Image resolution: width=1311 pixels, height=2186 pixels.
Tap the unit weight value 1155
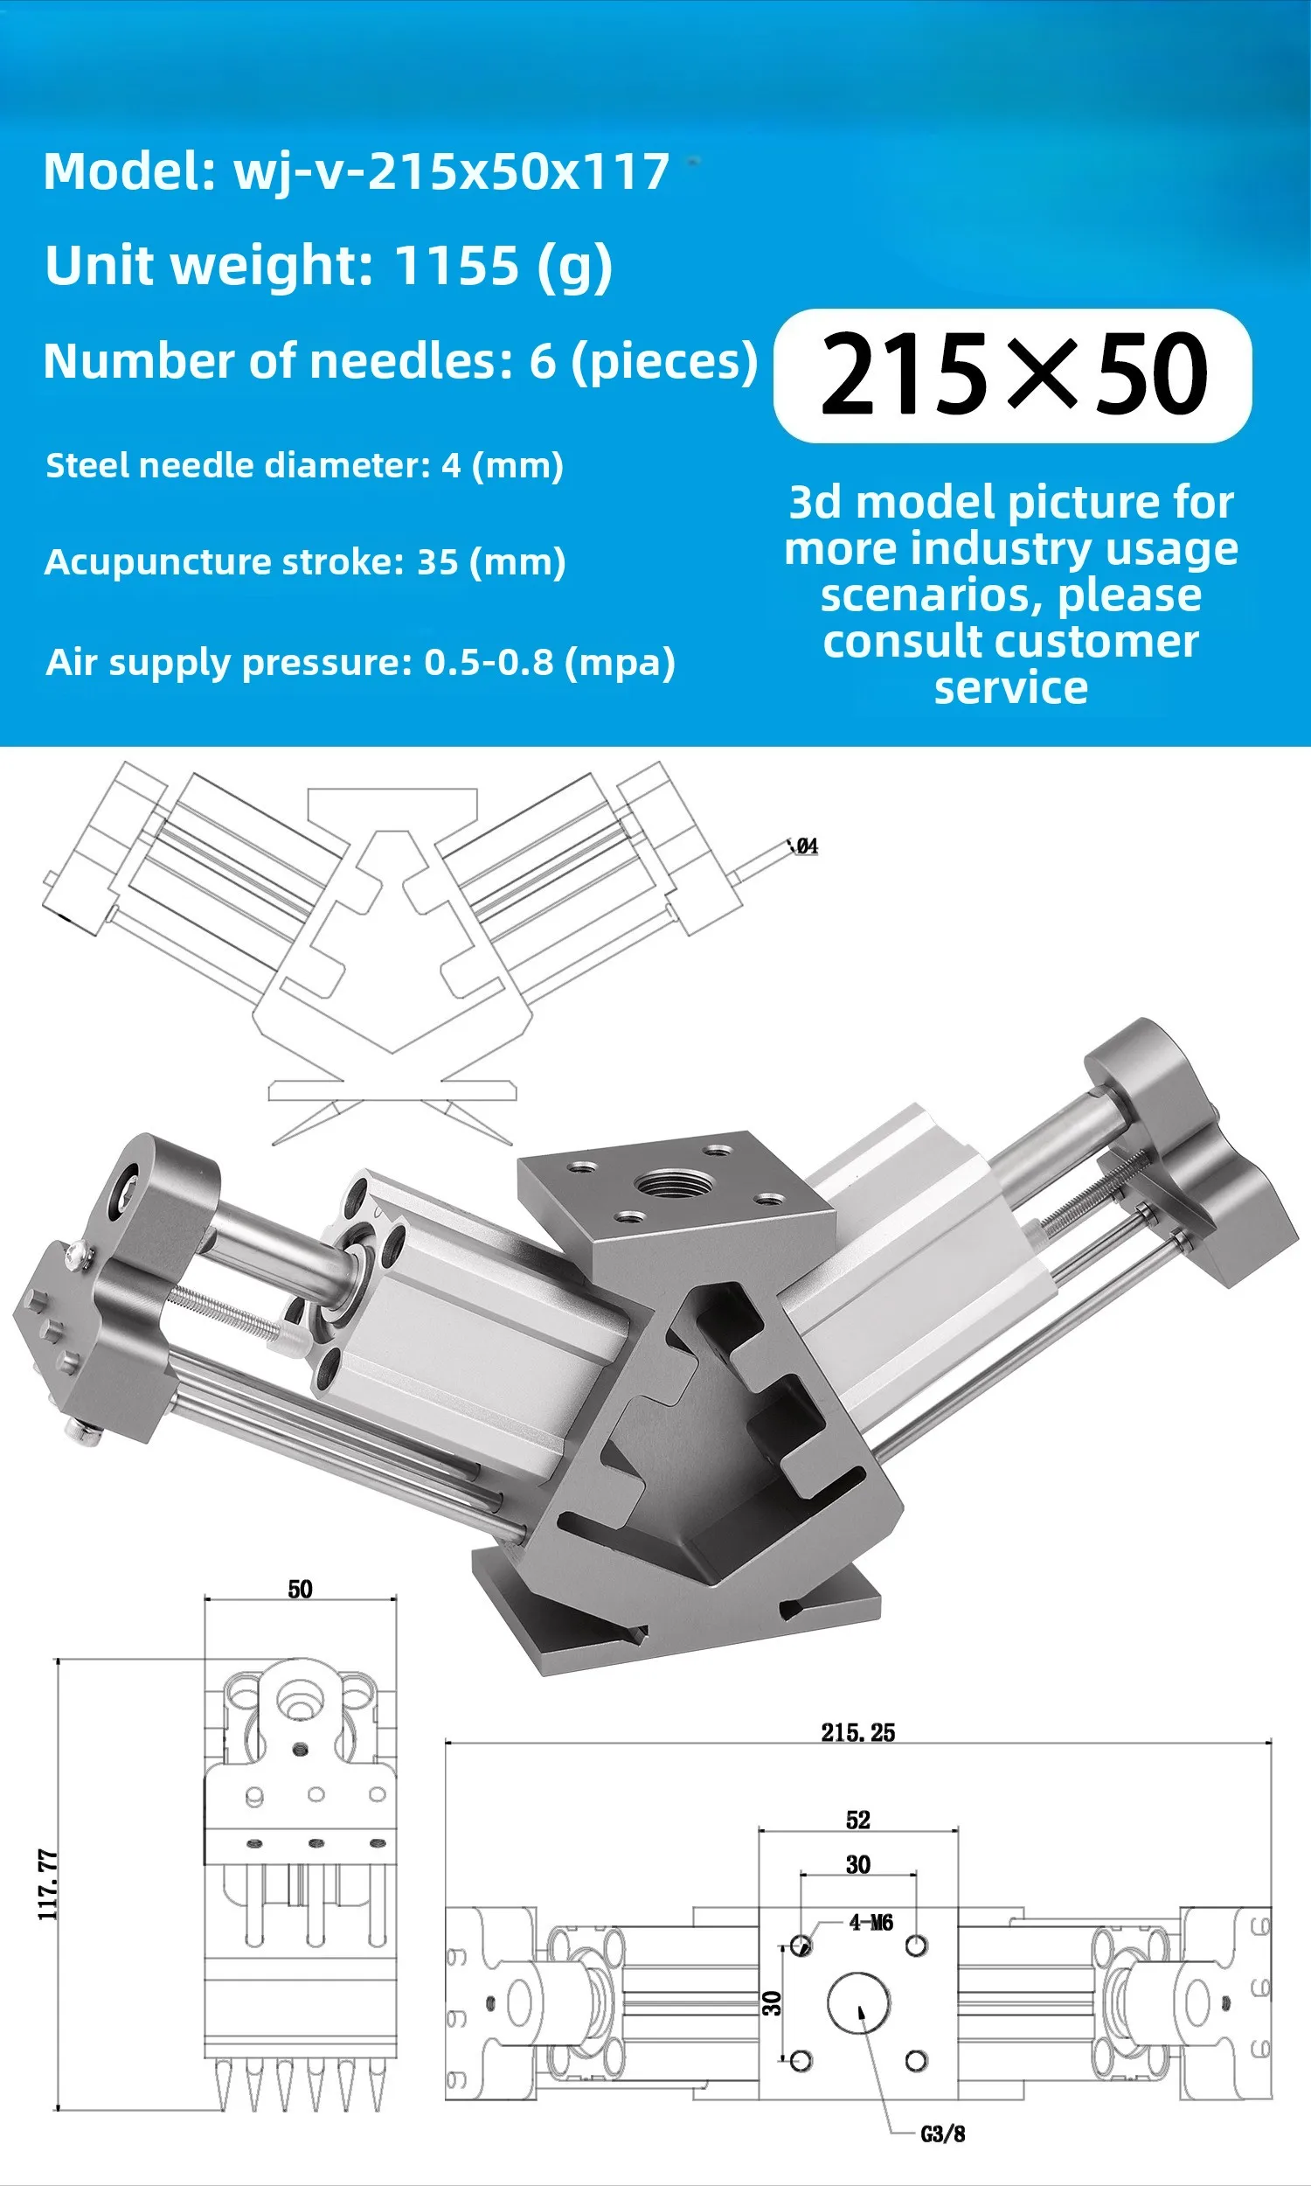point(456,264)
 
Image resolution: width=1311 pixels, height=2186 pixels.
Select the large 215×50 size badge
point(1012,374)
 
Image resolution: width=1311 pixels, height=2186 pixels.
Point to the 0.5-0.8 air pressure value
point(489,662)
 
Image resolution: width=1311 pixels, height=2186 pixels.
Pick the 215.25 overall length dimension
point(857,1733)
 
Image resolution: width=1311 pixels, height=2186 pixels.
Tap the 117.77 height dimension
point(49,1885)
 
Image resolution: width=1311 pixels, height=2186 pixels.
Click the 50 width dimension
point(301,1590)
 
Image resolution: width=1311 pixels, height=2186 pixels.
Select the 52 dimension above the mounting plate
point(857,1821)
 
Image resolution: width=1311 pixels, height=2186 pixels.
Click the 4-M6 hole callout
point(871,1923)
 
